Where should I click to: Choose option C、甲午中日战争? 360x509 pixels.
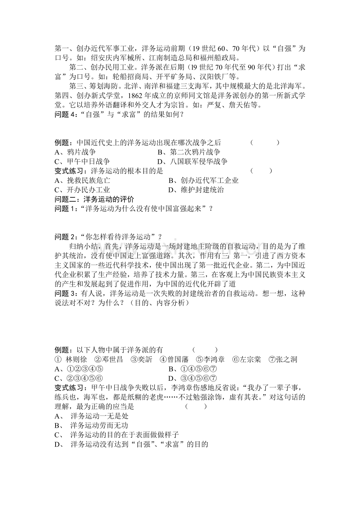click(x=82, y=161)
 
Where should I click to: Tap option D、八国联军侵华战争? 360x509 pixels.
click(x=192, y=161)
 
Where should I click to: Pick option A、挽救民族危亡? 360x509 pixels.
click(x=83, y=180)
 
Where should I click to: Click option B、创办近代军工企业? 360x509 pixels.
click(x=203, y=180)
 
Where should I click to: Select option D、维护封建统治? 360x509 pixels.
click(x=196, y=190)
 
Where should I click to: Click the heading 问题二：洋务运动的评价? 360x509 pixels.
click(x=94, y=199)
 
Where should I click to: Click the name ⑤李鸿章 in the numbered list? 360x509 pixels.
click(x=210, y=359)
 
